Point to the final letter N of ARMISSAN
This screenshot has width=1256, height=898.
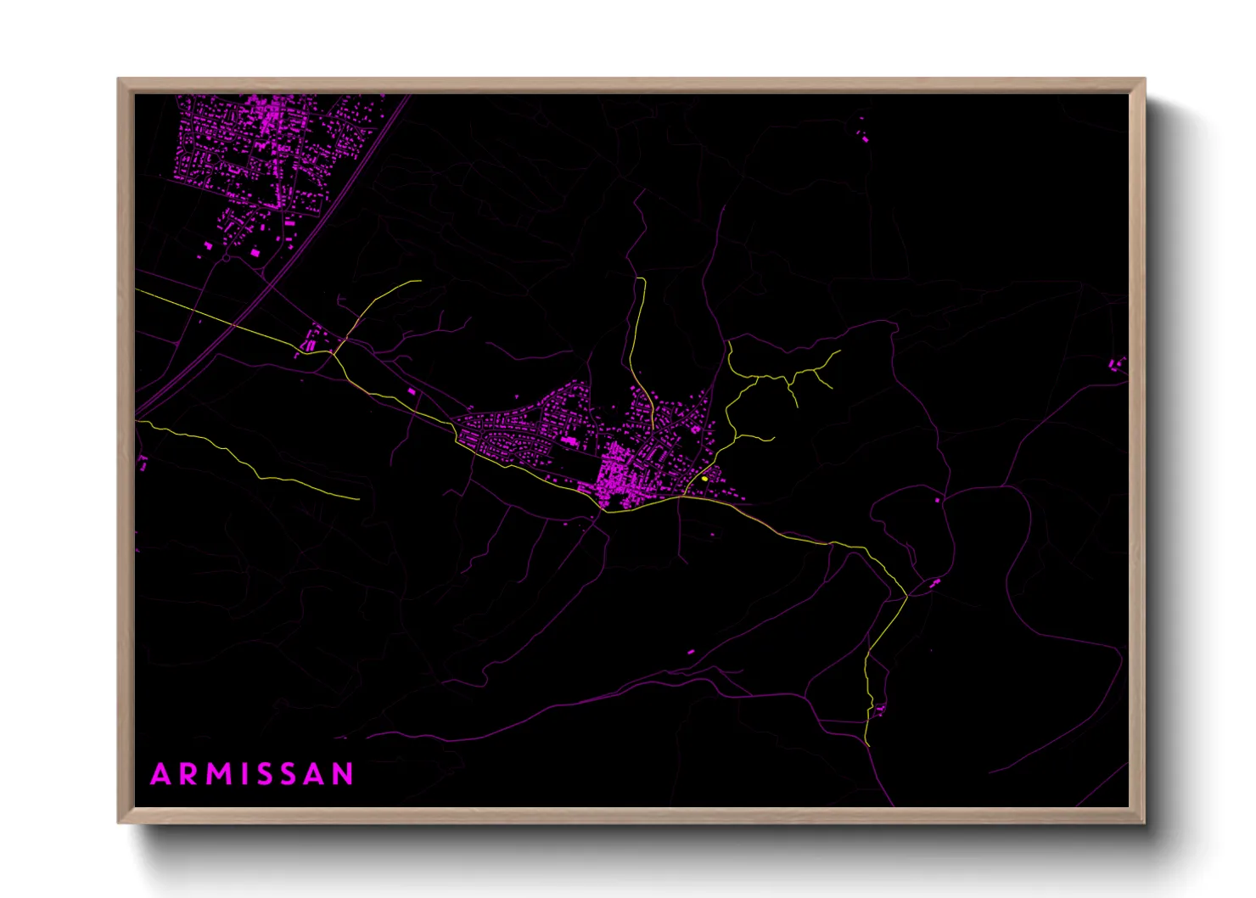tap(342, 774)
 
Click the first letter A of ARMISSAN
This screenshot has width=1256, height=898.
tap(160, 774)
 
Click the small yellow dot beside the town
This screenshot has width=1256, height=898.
tap(704, 479)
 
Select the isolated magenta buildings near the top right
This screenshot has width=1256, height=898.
tap(864, 136)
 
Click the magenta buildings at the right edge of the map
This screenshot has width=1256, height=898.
tap(1117, 365)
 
